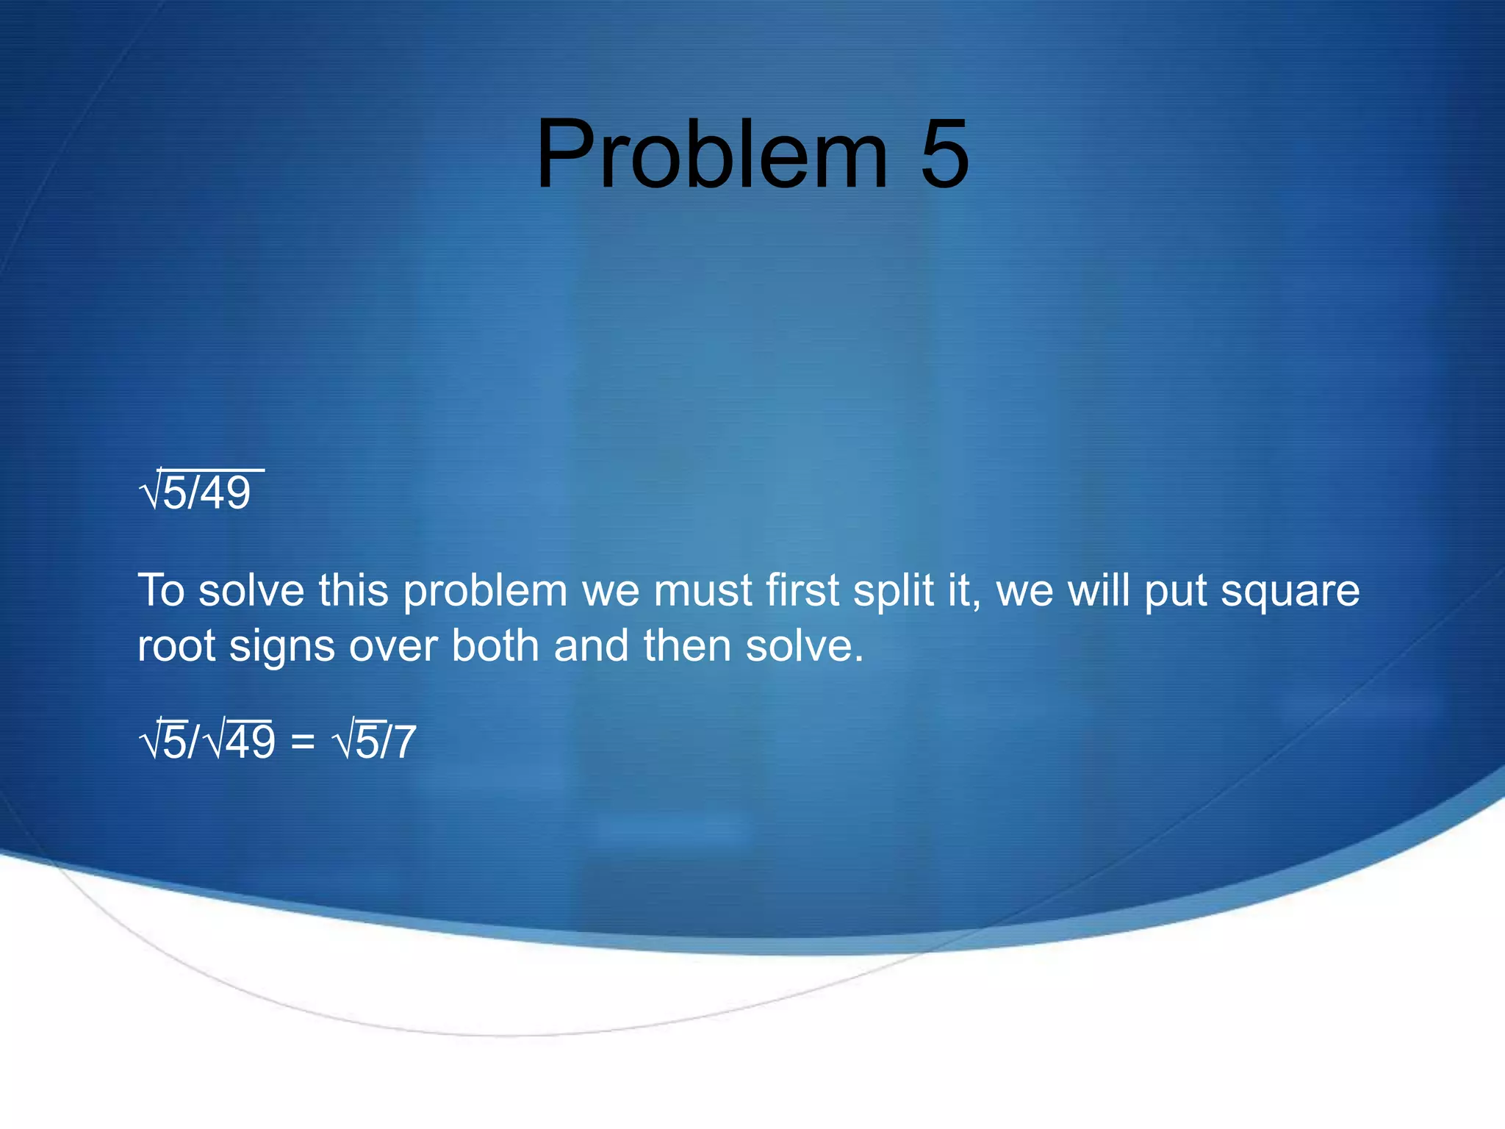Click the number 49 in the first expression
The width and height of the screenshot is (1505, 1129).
pos(226,493)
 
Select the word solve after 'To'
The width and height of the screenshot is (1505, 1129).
pos(251,590)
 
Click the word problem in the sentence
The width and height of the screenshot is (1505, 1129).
pos(485,592)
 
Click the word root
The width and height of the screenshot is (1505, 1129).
pos(176,646)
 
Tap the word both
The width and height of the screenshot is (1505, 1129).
pos(495,646)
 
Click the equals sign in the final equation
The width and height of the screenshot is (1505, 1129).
pos(303,742)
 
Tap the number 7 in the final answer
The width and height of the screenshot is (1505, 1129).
pos(405,742)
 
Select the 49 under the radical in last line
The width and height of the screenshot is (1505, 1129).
pos(250,742)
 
